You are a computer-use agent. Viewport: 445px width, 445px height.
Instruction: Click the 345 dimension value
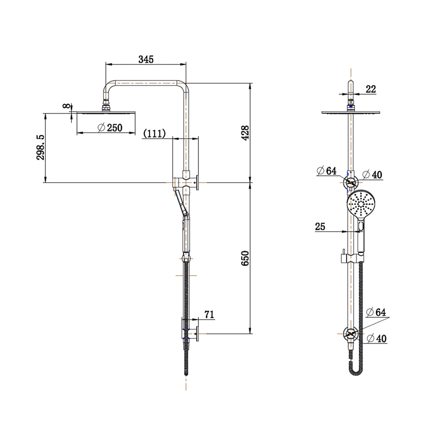point(146,59)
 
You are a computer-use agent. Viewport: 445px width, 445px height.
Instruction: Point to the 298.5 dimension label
point(40,147)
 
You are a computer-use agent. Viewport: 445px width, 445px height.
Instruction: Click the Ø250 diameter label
point(110,128)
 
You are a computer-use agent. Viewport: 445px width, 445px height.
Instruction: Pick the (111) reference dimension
point(155,133)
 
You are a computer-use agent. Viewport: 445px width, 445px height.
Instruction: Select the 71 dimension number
point(209,315)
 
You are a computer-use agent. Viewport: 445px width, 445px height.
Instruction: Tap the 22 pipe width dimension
point(371,89)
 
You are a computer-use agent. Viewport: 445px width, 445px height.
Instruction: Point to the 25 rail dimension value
point(320,226)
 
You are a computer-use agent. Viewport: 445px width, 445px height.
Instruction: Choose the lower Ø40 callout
point(376,339)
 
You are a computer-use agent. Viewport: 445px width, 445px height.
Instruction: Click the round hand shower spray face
point(361,205)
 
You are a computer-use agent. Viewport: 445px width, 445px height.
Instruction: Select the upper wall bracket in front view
point(350,182)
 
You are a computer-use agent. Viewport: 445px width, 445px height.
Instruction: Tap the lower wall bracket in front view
point(350,334)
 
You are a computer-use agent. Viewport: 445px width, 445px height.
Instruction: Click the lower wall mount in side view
point(190,333)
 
